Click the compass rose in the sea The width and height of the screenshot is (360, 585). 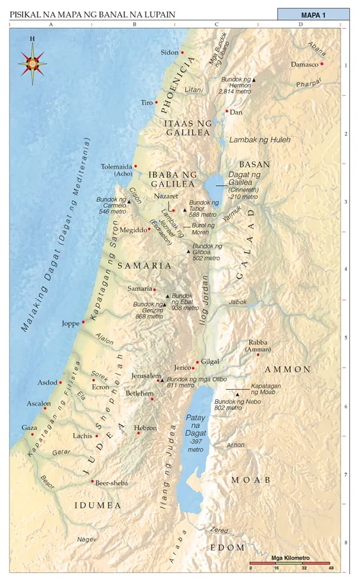point(32,62)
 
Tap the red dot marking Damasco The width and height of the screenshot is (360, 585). point(322,63)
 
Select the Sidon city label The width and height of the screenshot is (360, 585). point(169,53)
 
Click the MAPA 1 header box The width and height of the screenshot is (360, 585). point(318,14)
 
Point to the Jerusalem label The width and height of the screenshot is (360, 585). point(147,375)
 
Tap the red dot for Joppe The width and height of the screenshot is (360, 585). point(84,322)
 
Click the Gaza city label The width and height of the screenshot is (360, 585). point(30,427)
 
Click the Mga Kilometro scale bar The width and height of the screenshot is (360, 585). point(289,562)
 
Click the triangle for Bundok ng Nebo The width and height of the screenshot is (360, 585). point(237,394)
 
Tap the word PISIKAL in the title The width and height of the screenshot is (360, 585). point(27,14)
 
